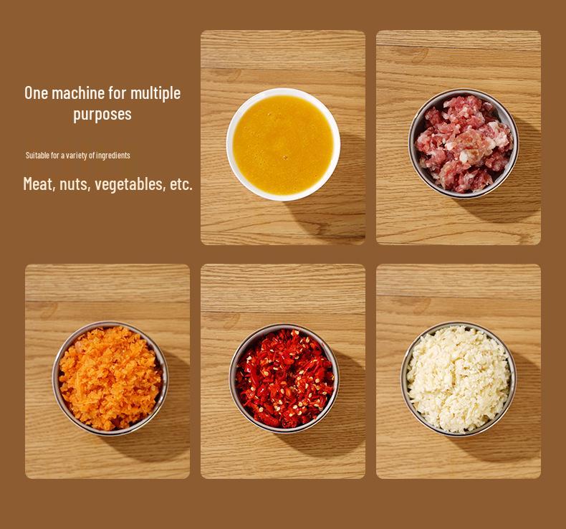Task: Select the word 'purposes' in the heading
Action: tap(102, 114)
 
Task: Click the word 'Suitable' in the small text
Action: tap(37, 156)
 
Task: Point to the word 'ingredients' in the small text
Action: tap(113, 156)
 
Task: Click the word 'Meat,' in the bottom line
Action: tap(39, 184)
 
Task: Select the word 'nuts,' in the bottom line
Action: tap(75, 184)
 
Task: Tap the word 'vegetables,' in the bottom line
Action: tap(130, 184)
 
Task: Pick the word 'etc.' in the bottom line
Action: tap(181, 184)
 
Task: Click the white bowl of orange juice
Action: tap(283, 143)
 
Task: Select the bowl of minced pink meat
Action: tap(464, 143)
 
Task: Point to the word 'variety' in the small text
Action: tap(82, 156)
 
